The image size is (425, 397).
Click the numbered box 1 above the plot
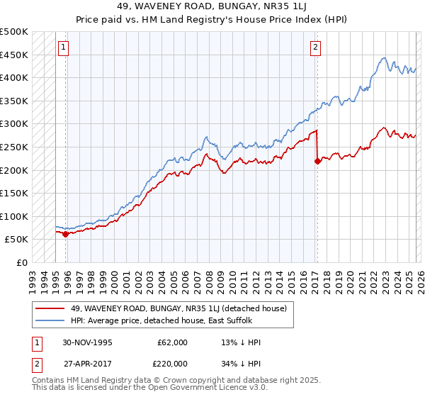[x=64, y=47]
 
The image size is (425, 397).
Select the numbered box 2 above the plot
[x=315, y=47]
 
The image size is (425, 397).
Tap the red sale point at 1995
[x=66, y=233]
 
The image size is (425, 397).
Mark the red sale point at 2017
[x=317, y=161]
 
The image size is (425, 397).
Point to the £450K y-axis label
[x=14, y=55]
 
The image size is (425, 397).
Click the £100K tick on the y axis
[x=14, y=216]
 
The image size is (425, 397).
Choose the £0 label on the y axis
[x=22, y=262]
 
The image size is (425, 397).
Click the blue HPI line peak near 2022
[x=383, y=58]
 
